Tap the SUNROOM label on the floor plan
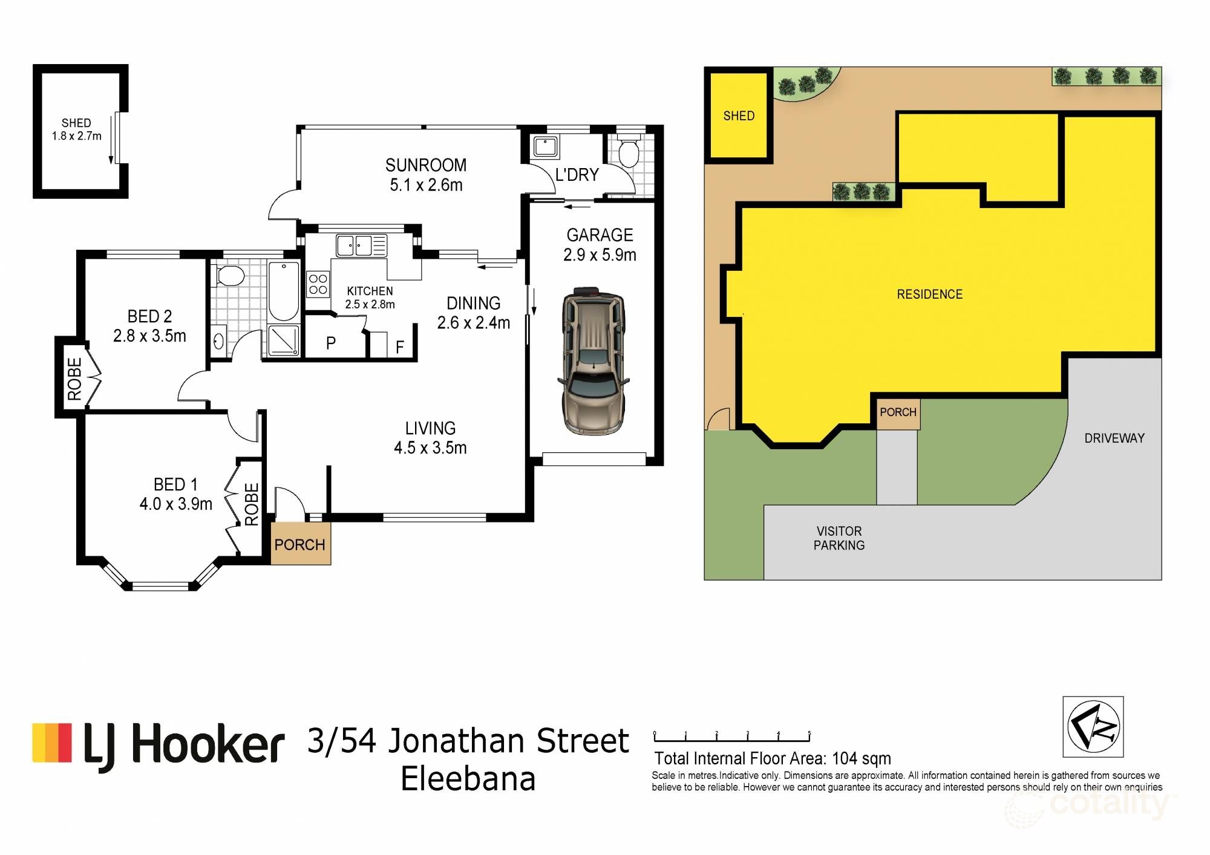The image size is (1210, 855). click(x=426, y=165)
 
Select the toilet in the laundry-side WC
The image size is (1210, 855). click(x=629, y=152)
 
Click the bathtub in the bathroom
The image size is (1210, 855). click(x=283, y=291)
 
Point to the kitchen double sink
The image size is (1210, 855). click(x=355, y=246)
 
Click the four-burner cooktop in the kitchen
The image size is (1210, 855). click(x=318, y=284)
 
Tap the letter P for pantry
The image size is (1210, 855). click(x=330, y=343)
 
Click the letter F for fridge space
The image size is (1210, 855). click(x=399, y=347)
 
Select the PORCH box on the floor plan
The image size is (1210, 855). click(x=300, y=544)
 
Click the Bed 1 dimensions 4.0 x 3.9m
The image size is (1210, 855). click(x=175, y=504)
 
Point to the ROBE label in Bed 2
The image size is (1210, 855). click(x=74, y=379)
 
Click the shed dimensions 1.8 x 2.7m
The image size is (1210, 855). click(x=76, y=136)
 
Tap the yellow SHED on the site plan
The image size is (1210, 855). click(x=739, y=115)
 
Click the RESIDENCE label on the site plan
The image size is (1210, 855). click(x=929, y=294)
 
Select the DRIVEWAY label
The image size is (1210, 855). click(x=1114, y=438)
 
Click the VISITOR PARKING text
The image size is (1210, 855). click(x=839, y=538)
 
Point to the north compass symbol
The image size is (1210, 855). click(x=1093, y=726)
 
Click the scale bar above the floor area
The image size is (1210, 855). click(x=731, y=737)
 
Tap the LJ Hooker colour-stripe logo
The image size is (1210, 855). click(x=52, y=742)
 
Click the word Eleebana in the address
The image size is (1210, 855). click(x=468, y=779)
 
